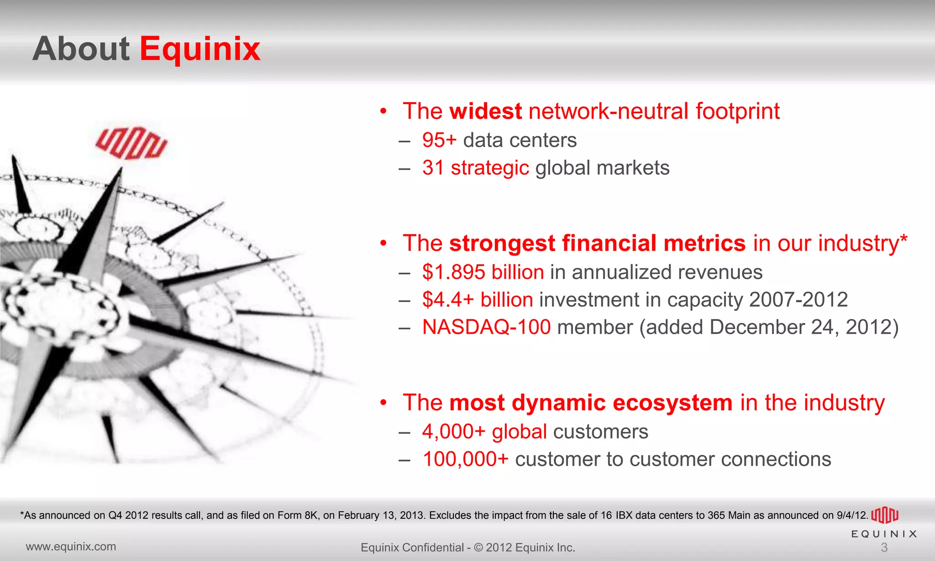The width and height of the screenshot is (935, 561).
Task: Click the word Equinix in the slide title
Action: pyautogui.click(x=200, y=49)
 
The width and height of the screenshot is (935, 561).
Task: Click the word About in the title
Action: pyautogui.click(x=81, y=49)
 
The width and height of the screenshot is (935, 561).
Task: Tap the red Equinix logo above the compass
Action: pyautogui.click(x=131, y=143)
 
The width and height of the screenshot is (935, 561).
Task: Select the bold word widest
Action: pyautogui.click(x=485, y=111)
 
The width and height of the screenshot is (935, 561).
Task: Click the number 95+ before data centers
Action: pyautogui.click(x=439, y=140)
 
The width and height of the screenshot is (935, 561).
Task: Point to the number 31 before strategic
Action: pyautogui.click(x=433, y=168)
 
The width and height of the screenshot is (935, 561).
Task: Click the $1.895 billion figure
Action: pyautogui.click(x=483, y=272)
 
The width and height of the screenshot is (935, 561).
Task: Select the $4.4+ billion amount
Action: pyautogui.click(x=477, y=299)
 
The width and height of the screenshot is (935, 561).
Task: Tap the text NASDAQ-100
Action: pyautogui.click(x=486, y=327)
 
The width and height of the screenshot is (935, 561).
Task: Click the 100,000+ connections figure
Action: pyautogui.click(x=465, y=459)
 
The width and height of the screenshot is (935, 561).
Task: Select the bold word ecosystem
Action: pyautogui.click(x=672, y=403)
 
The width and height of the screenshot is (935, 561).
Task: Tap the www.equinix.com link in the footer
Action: pyautogui.click(x=71, y=546)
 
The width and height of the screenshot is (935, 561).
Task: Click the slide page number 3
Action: pyautogui.click(x=884, y=547)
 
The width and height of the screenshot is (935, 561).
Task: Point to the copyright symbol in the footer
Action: pyautogui.click(x=478, y=547)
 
